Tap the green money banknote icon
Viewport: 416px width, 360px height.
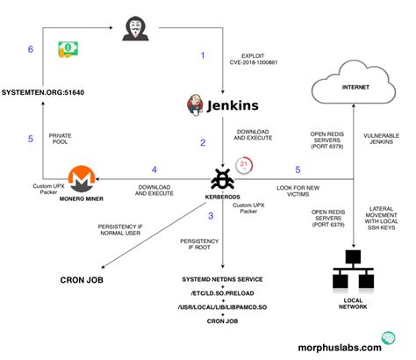(x=68, y=49)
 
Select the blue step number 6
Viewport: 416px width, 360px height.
(x=31, y=50)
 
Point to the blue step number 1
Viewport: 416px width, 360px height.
(x=203, y=55)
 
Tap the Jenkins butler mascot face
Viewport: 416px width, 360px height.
(x=196, y=104)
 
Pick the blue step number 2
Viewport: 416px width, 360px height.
(x=203, y=142)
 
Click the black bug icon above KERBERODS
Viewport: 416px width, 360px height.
(x=223, y=179)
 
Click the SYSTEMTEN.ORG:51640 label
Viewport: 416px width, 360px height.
(x=50, y=91)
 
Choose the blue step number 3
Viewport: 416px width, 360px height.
(x=210, y=216)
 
